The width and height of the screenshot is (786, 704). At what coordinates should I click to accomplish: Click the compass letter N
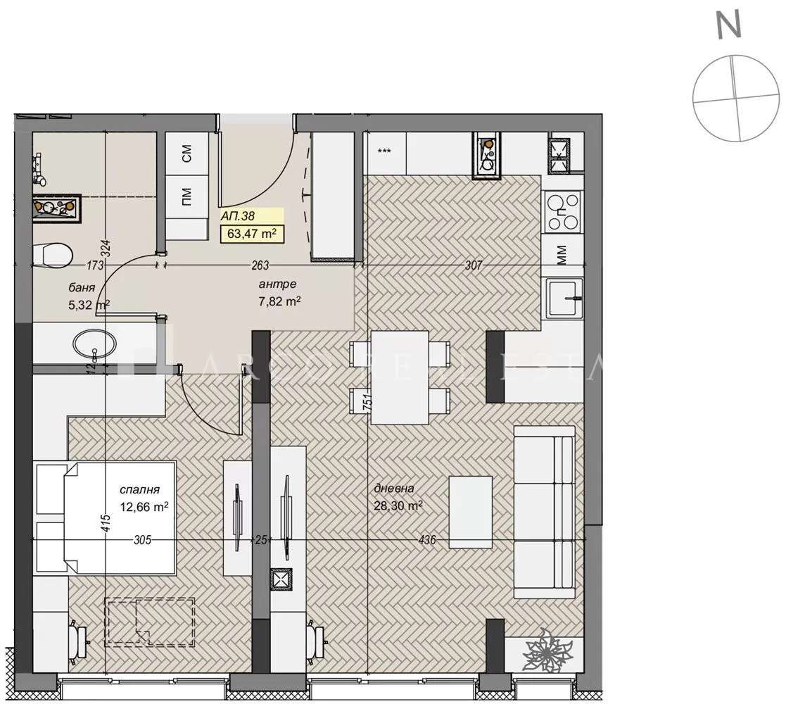tap(730, 25)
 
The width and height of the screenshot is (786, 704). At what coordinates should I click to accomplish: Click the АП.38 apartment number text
tap(238, 217)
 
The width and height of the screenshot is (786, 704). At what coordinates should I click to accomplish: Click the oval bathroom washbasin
tap(96, 344)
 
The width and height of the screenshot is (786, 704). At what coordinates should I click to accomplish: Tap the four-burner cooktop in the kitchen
tap(564, 212)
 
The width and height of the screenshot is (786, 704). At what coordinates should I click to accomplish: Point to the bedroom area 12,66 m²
tap(144, 505)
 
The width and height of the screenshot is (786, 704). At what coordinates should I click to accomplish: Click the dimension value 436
tap(426, 541)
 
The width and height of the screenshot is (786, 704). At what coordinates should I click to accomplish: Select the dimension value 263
tap(260, 265)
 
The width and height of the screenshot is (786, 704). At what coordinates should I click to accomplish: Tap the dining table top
tap(399, 377)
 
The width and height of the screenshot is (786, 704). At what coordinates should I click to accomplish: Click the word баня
tap(83, 287)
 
